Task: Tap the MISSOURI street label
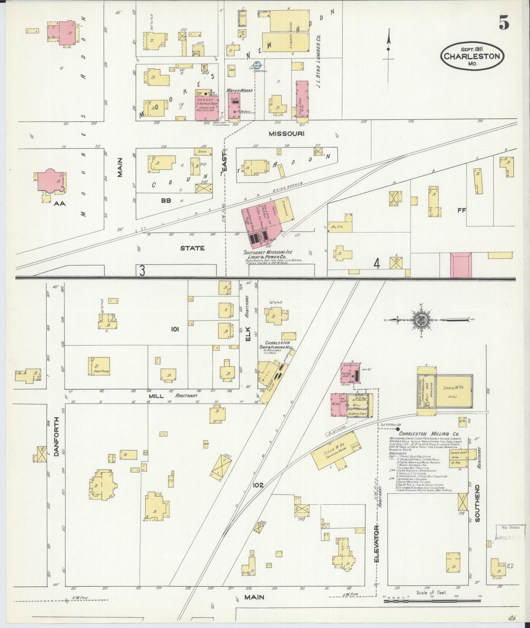pos(286,134)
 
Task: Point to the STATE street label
pos(192,248)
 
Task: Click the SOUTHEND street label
pos(477,503)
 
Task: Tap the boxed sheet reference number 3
pos(142,270)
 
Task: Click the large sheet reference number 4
pos(376,264)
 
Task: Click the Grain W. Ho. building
pos(453,391)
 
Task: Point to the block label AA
pos(59,203)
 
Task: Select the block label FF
pos(461,211)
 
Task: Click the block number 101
pos(174,329)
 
